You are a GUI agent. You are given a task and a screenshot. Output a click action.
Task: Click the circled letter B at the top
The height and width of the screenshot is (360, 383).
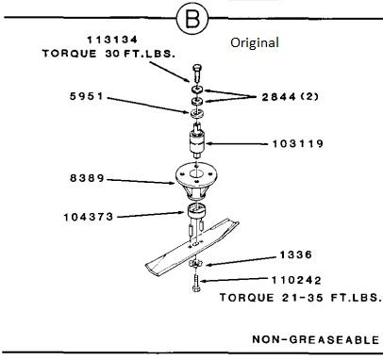tap(192, 18)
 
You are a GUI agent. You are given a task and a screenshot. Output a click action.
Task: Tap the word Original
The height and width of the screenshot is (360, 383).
tap(255, 42)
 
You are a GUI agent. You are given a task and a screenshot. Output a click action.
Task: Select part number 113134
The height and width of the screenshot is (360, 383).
tap(112, 40)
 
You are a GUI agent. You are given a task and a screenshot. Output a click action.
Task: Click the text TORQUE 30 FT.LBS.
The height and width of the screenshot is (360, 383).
tap(108, 54)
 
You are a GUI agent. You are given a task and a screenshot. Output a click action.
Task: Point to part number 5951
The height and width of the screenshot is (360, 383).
tap(87, 96)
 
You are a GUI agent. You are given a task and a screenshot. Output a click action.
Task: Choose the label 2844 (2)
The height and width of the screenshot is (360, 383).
tap(291, 97)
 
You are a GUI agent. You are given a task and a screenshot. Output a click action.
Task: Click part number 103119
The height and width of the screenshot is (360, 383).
tap(297, 144)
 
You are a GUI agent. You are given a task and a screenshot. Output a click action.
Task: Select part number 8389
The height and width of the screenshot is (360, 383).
tap(87, 178)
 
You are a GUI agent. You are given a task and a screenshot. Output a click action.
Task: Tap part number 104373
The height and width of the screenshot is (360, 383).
tap(89, 217)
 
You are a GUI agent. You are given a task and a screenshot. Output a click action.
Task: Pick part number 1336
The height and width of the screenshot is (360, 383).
tap(296, 254)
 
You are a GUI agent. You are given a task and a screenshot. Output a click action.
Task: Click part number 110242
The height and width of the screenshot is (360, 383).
tap(296, 280)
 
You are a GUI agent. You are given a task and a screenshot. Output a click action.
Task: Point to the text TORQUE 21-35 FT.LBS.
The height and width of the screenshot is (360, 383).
tap(301, 298)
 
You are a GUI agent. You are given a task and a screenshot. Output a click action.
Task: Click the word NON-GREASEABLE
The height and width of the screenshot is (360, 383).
tap(316, 339)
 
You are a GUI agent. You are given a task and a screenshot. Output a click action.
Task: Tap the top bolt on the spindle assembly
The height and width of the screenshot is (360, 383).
tap(196, 73)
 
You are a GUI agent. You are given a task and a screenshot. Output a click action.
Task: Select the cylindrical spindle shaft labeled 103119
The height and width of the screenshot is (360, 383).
tap(196, 141)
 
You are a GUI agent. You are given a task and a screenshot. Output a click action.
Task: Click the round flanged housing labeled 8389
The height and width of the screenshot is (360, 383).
tap(195, 181)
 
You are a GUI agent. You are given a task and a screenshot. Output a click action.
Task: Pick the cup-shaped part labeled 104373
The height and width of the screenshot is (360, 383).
tap(197, 210)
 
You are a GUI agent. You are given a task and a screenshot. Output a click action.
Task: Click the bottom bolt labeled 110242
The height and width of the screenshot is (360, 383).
tap(196, 283)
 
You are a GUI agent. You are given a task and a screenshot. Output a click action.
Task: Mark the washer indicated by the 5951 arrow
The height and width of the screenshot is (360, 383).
tap(197, 113)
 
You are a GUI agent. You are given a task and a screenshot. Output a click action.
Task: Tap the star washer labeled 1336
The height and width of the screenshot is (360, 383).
tap(195, 264)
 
